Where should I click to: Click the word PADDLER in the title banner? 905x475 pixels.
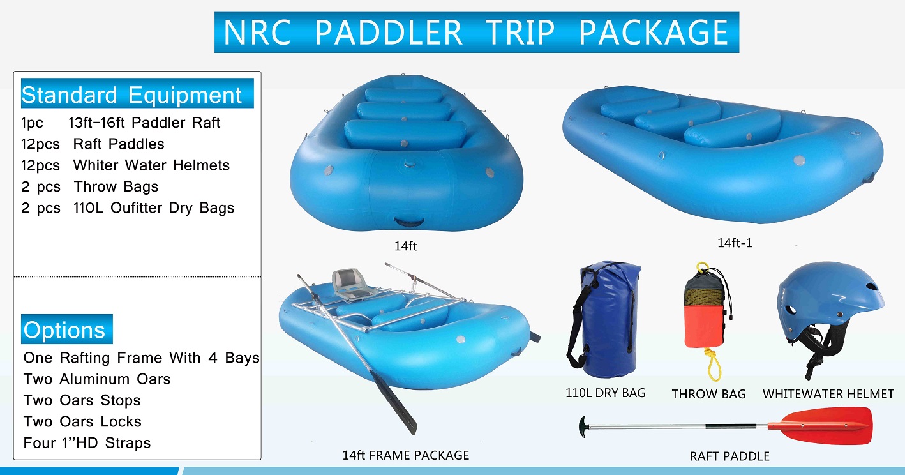click(388, 33)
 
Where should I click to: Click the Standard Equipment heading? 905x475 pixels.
click(131, 95)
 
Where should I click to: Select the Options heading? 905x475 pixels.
click(64, 330)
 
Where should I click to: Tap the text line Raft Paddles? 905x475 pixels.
click(118, 144)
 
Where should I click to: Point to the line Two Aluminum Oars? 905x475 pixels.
click(96, 379)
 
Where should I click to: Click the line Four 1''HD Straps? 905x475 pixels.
click(87, 442)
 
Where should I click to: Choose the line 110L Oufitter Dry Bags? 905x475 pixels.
click(154, 207)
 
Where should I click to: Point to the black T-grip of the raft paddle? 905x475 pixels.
click(583, 427)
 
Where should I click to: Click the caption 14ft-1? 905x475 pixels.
click(735, 243)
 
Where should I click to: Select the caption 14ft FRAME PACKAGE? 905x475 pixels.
click(406, 455)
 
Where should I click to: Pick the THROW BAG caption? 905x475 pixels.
click(708, 394)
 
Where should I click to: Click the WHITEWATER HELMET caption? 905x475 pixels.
click(828, 394)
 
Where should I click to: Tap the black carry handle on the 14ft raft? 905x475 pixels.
click(409, 222)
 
